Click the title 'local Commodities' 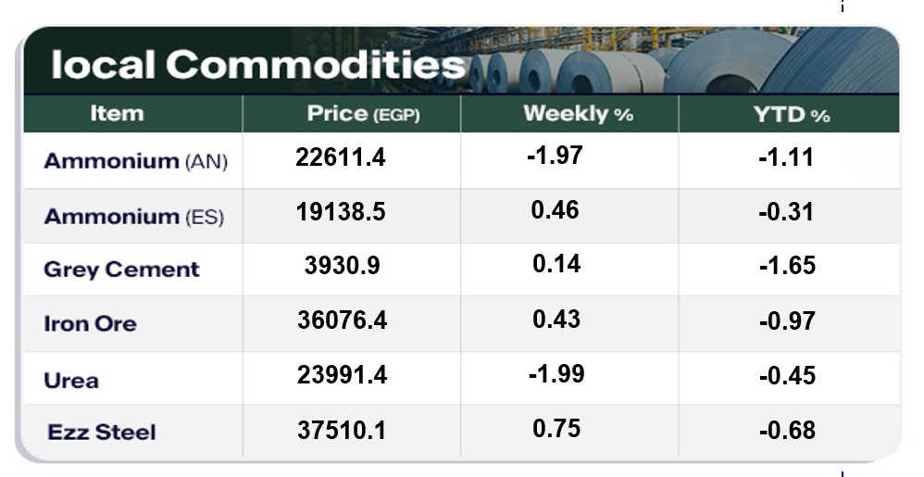[x=258, y=65]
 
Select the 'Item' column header [x=118, y=114]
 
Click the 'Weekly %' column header [x=578, y=115]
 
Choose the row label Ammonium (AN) [x=135, y=161]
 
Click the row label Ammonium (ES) [x=134, y=217]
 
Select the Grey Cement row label [x=121, y=270]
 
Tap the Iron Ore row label [x=90, y=324]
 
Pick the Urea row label [x=71, y=380]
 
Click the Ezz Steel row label [x=102, y=432]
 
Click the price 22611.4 [x=341, y=158]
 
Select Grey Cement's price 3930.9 [x=342, y=267]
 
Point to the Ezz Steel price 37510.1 [x=342, y=431]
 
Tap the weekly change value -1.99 [x=556, y=374]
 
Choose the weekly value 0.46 [x=556, y=210]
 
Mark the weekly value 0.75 [x=556, y=428]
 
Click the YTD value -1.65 [x=787, y=267]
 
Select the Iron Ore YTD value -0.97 [x=787, y=321]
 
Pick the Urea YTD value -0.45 [x=787, y=376]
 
